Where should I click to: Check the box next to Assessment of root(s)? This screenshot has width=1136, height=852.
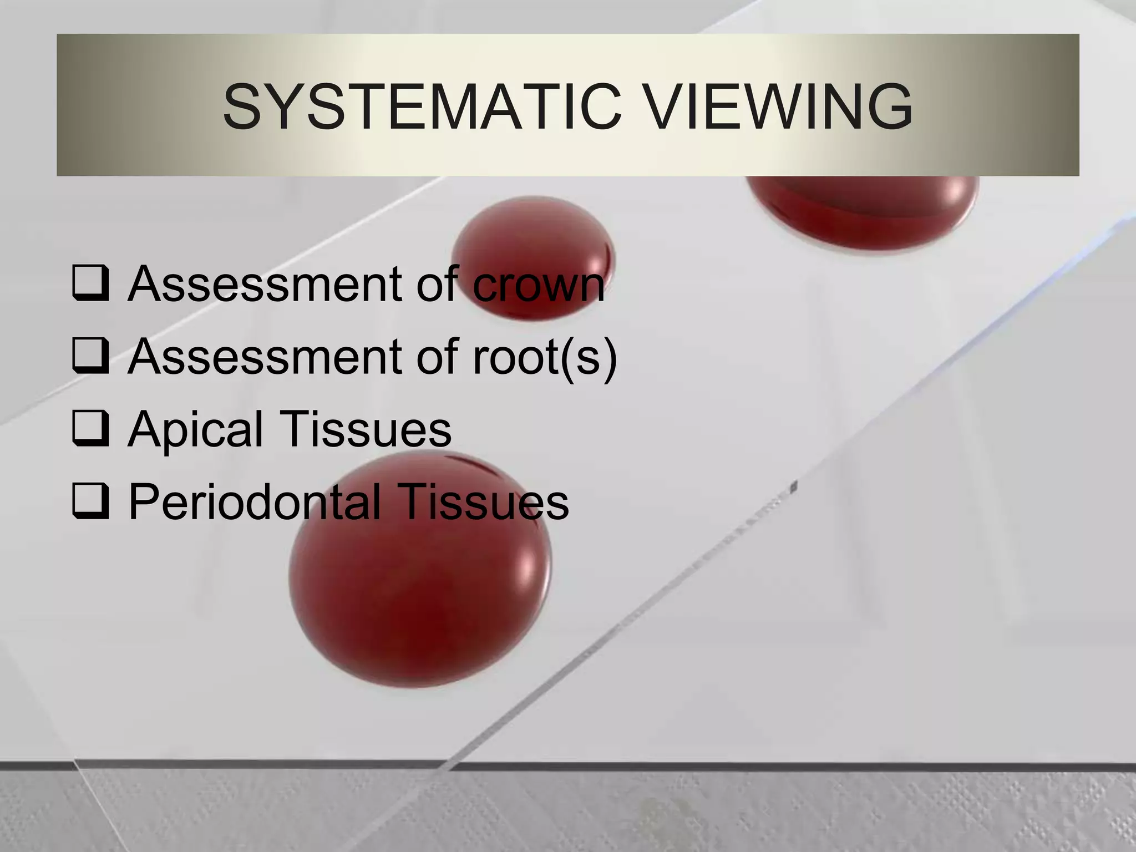90,355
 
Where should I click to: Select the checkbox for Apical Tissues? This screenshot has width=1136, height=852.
90,428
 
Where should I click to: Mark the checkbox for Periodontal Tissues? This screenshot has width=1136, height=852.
90,501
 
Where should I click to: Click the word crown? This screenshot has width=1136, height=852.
538,285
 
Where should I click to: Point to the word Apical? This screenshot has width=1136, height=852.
196,429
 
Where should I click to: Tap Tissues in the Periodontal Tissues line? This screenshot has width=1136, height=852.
483,502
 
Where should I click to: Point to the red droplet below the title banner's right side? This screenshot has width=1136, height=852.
863,211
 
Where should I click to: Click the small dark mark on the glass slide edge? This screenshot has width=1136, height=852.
794,487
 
